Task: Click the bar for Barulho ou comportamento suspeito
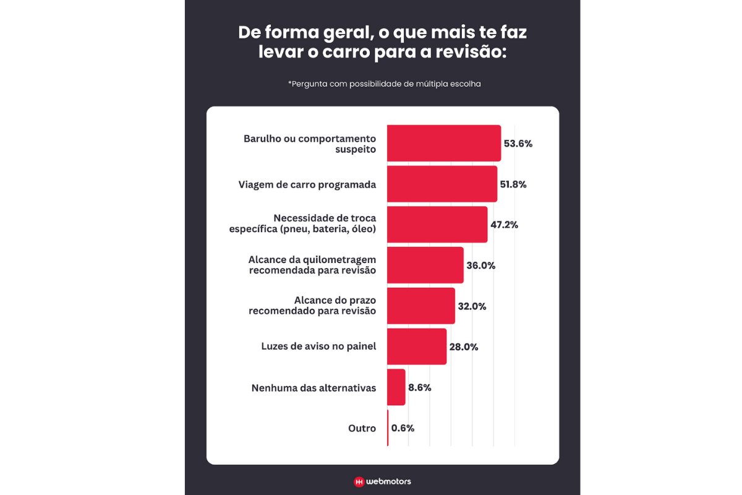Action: (x=444, y=143)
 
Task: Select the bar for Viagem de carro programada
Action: (x=442, y=184)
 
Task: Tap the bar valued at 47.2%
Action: (x=437, y=225)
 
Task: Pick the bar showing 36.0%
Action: (x=425, y=265)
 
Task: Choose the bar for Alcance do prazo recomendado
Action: (x=421, y=306)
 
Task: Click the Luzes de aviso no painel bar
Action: (x=417, y=346)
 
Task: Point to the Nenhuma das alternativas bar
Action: (x=396, y=387)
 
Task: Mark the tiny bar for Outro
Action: (x=388, y=428)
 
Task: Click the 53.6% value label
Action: (x=518, y=144)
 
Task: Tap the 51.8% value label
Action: (x=513, y=184)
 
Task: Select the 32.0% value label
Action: (x=472, y=306)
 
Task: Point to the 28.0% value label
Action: (x=464, y=347)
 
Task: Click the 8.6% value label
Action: (x=420, y=388)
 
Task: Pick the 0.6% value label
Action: (x=403, y=428)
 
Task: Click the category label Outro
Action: (x=362, y=428)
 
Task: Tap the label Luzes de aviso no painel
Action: (x=318, y=346)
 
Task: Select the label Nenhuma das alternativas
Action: (x=313, y=388)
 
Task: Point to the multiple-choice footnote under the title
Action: (x=384, y=84)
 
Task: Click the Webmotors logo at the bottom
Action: (x=382, y=481)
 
